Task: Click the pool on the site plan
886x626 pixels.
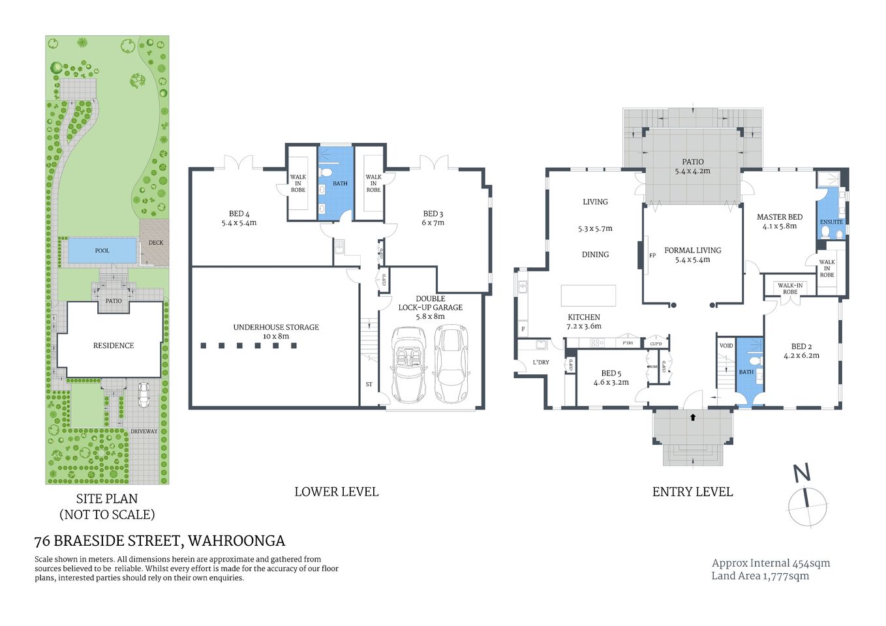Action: (102, 250)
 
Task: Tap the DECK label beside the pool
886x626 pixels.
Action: (156, 243)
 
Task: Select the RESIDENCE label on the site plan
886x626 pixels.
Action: (114, 346)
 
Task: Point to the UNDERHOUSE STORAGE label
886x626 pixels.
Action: (276, 327)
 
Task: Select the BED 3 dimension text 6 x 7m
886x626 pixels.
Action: (433, 223)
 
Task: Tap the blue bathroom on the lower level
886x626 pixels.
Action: (335, 184)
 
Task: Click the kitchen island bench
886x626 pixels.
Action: (588, 295)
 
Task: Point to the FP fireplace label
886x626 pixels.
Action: (652, 256)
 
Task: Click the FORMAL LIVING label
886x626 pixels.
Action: (692, 250)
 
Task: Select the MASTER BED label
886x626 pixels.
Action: (779, 217)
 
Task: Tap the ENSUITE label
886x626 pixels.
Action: (831, 222)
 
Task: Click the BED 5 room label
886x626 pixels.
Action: (611, 374)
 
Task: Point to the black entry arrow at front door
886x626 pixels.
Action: (693, 416)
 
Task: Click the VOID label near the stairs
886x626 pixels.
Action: (726, 346)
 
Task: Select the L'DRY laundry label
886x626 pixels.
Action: (540, 363)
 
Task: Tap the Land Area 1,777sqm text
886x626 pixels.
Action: (760, 576)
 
